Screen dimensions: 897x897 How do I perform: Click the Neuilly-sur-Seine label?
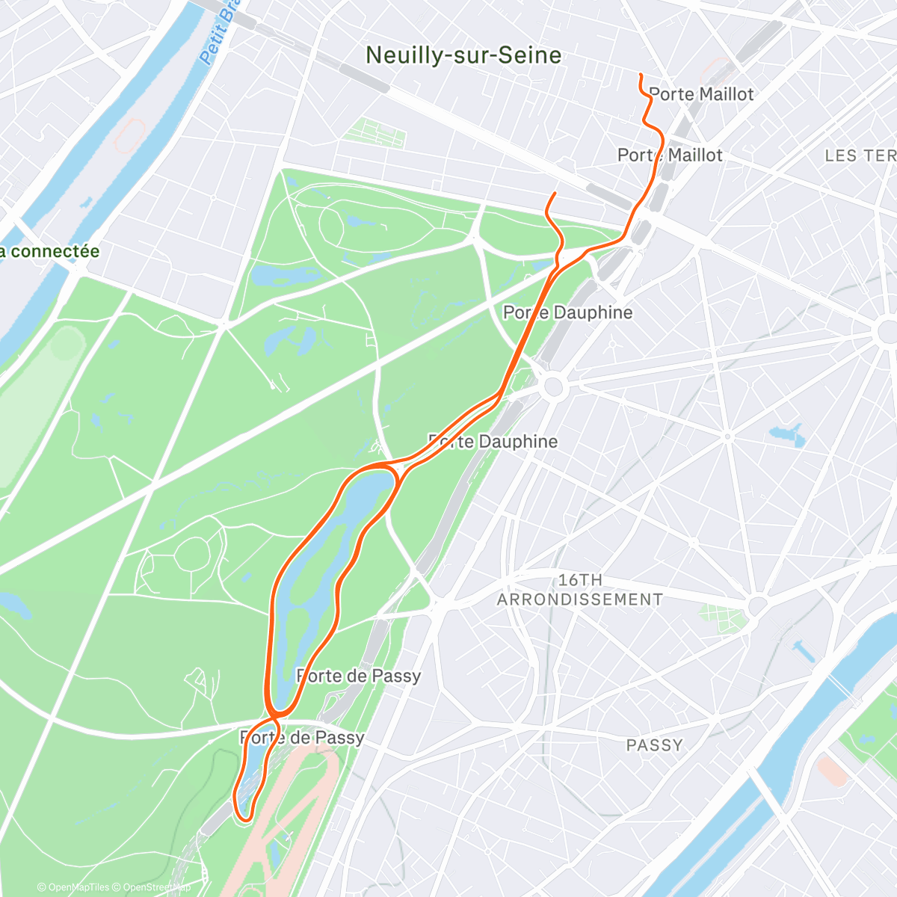pyautogui.click(x=463, y=55)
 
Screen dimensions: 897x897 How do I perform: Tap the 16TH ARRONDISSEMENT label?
pyautogui.click(x=580, y=590)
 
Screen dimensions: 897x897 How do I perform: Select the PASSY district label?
pyautogui.click(x=654, y=745)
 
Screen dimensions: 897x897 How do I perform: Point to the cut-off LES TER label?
pyautogui.click(x=860, y=155)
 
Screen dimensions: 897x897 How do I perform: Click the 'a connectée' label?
pyautogui.click(x=49, y=251)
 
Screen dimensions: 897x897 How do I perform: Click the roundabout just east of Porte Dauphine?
pyautogui.click(x=553, y=386)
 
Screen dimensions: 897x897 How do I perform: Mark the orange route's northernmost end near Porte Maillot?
pyautogui.click(x=641, y=75)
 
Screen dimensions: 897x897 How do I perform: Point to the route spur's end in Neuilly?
pyautogui.click(x=555, y=194)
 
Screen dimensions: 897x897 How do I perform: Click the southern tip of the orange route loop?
pyautogui.click(x=244, y=819)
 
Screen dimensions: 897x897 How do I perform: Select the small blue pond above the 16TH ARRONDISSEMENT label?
pyautogui.click(x=786, y=434)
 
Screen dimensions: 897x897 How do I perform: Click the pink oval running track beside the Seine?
pyautogui.click(x=129, y=135)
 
